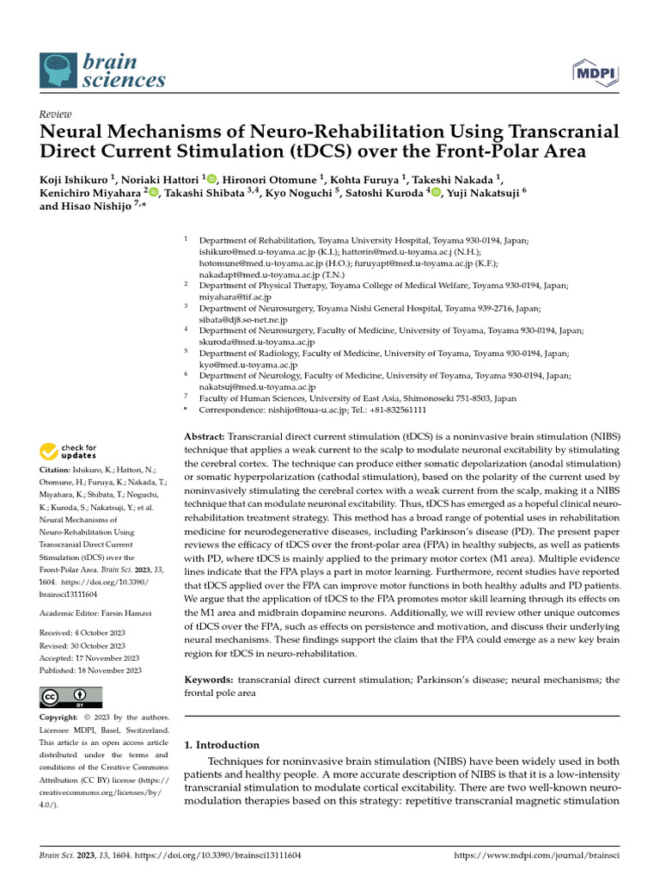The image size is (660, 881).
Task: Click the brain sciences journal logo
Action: tap(103, 71)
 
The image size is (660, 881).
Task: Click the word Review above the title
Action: tap(56, 114)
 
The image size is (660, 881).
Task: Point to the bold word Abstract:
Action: tap(205, 437)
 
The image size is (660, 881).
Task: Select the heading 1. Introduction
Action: tap(223, 745)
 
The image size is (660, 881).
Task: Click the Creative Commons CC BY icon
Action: tap(70, 697)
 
